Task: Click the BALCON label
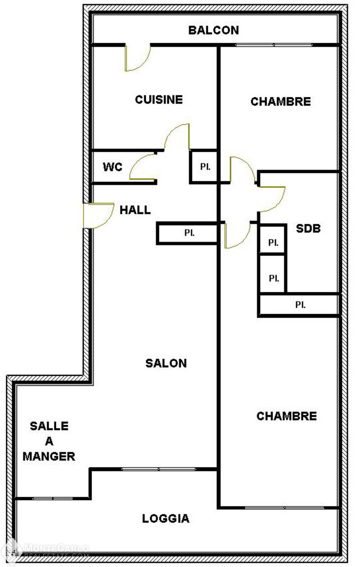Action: point(213,30)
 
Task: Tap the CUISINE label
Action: point(159,100)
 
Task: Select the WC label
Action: point(112,167)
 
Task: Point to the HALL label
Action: point(135,210)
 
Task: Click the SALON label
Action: point(166,363)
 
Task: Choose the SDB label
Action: point(308,228)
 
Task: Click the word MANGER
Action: point(49,456)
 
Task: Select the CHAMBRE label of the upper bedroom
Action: point(280,101)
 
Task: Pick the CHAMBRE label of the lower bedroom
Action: point(287,416)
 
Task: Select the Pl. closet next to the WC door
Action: point(203,166)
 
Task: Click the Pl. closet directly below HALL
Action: point(188,233)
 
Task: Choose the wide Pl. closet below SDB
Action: point(299,304)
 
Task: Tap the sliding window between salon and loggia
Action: point(158,469)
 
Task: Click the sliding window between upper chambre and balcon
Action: point(274,45)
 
